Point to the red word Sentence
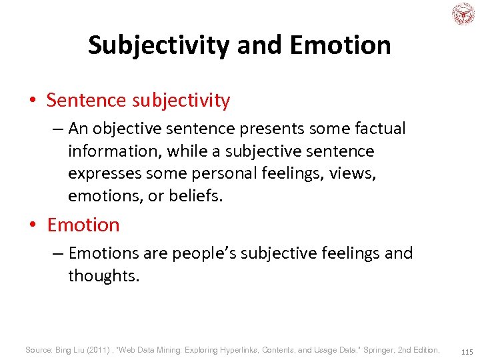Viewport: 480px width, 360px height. [86, 101]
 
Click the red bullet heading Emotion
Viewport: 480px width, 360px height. [83, 225]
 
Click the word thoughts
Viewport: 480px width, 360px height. [103, 276]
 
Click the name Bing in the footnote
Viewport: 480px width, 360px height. [64, 350]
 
